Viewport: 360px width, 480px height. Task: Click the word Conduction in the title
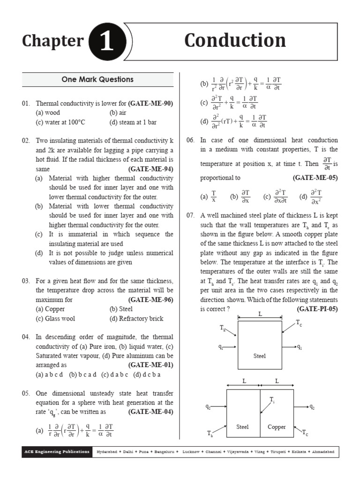(235, 41)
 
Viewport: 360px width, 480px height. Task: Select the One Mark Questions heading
(97, 80)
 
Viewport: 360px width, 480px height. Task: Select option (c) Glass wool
(55, 318)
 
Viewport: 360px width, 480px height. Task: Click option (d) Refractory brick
(136, 318)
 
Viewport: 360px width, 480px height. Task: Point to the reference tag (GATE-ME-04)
(150, 412)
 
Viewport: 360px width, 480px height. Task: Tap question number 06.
(190, 140)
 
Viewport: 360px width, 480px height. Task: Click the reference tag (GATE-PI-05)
(317, 309)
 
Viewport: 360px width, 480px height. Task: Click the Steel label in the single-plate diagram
(260, 356)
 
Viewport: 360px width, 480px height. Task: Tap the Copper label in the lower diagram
(277, 427)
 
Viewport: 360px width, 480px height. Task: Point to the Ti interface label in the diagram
(272, 399)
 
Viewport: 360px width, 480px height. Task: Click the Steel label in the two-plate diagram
(242, 427)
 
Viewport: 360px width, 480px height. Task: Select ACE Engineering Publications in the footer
(57, 452)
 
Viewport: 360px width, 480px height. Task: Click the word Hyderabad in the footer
(107, 452)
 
